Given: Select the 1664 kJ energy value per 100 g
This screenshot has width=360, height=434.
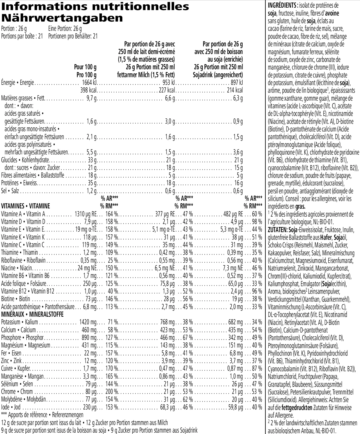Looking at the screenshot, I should tap(89, 83).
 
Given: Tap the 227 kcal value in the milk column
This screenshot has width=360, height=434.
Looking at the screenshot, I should tap(166, 90).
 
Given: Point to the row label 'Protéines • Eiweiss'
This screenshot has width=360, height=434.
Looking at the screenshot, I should tap(19, 183).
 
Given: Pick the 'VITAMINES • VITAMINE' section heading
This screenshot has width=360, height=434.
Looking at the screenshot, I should tap(26, 206).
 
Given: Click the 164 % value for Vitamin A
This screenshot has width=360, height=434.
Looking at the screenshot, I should tap(112, 214).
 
